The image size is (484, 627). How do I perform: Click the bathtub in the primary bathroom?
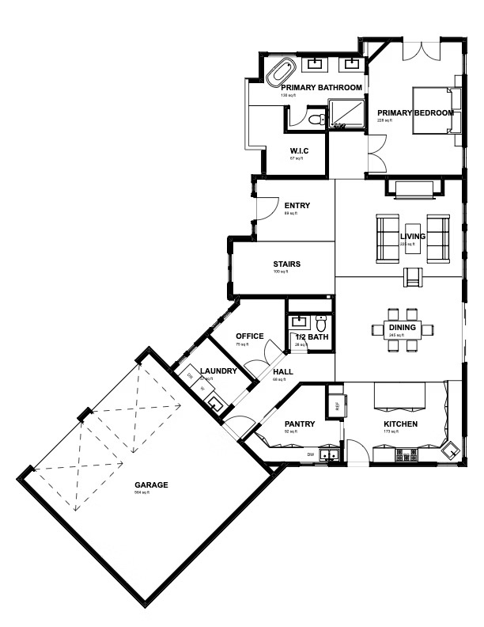tap(278, 73)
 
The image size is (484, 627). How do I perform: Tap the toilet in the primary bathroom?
tap(316, 120)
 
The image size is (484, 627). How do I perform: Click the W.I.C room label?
tap(299, 151)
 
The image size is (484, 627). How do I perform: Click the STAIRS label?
tap(286, 264)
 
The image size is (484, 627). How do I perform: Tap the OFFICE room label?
tap(250, 336)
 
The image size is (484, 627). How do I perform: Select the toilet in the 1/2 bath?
tap(321, 323)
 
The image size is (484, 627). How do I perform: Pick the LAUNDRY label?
tap(214, 370)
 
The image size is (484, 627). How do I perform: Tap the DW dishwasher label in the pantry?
tap(311, 454)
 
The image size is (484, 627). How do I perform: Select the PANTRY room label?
tap(299, 424)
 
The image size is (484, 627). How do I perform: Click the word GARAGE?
tap(150, 484)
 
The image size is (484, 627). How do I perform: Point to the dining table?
tap(397, 329)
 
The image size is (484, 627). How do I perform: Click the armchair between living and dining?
tap(414, 276)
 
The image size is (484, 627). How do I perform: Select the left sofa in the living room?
tap(388, 235)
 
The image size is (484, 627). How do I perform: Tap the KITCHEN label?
tap(400, 424)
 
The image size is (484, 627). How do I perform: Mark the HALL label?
tap(282, 372)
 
